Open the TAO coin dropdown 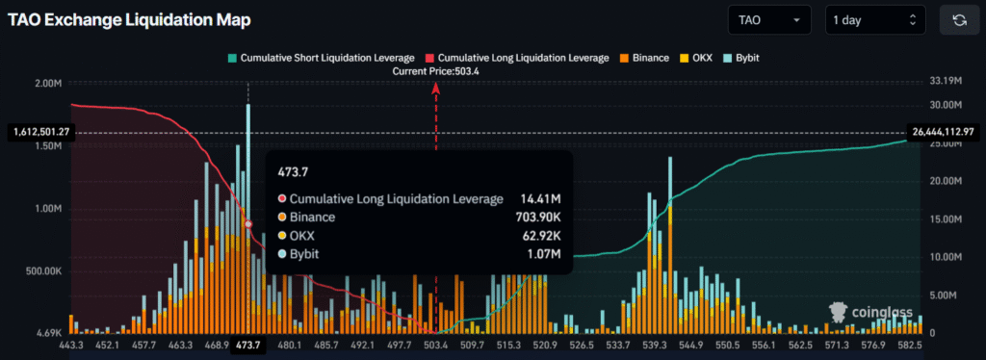click(768, 19)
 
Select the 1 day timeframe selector click(874, 19)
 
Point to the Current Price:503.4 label click(436, 71)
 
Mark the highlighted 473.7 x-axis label click(248, 345)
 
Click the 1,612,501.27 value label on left click(39, 131)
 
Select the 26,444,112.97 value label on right click(947, 131)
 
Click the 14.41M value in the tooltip click(540, 198)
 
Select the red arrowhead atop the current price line click(436, 88)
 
